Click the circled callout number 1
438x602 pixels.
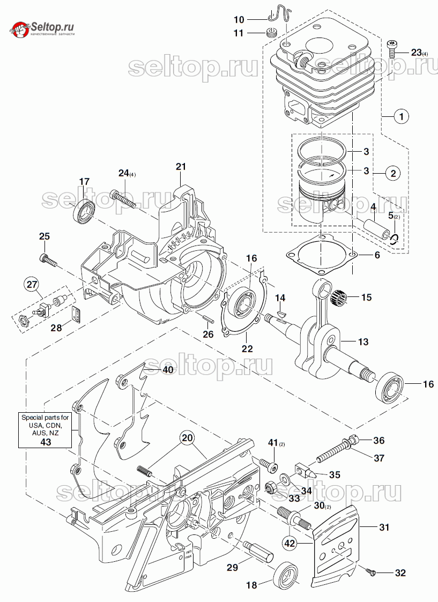coord(400,115)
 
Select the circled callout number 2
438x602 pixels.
coord(393,173)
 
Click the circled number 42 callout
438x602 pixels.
coord(290,542)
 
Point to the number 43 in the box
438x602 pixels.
coord(46,441)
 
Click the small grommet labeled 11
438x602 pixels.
coord(272,32)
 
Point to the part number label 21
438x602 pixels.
coord(180,167)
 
